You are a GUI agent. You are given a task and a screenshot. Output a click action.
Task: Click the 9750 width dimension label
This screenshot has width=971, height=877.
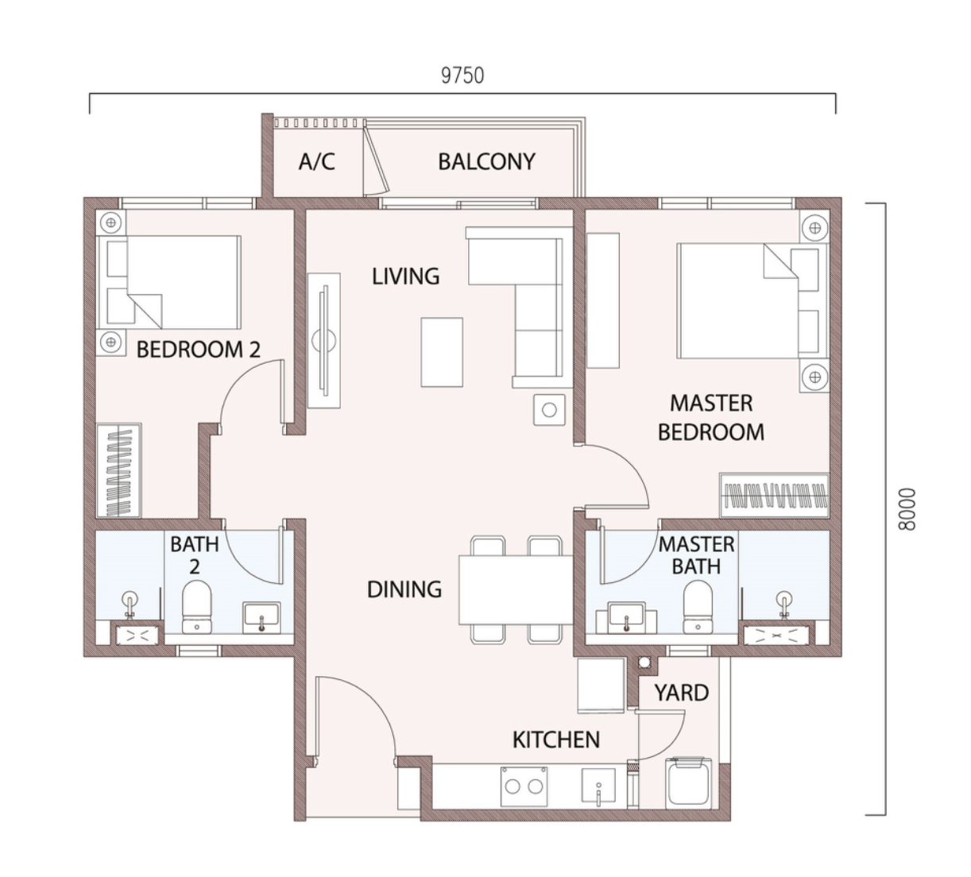click(462, 75)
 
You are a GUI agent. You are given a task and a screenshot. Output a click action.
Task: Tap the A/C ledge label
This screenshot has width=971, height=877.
click(316, 161)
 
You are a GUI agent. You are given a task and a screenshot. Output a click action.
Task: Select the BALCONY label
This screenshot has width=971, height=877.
click(486, 161)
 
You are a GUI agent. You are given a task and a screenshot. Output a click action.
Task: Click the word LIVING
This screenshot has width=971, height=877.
click(405, 276)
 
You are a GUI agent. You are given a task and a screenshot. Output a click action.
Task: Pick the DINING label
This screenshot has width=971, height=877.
click(404, 589)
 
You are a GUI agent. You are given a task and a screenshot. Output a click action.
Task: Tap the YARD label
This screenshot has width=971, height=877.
click(682, 693)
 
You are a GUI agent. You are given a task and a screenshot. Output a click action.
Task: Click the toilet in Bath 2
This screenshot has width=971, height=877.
click(196, 607)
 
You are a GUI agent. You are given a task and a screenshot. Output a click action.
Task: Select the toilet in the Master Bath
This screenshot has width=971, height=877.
click(698, 607)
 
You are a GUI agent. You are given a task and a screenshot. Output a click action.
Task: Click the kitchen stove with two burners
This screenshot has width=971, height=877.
click(524, 786)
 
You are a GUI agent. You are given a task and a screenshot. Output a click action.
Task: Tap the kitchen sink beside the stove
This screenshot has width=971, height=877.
click(599, 787)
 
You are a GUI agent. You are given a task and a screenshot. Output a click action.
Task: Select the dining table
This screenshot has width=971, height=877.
click(516, 590)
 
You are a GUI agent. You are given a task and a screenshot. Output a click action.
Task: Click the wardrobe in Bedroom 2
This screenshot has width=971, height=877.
click(119, 470)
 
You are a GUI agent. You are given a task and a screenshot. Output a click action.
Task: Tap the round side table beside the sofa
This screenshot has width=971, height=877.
click(549, 410)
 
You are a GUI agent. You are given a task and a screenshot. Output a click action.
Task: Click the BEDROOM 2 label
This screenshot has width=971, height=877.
click(199, 350)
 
